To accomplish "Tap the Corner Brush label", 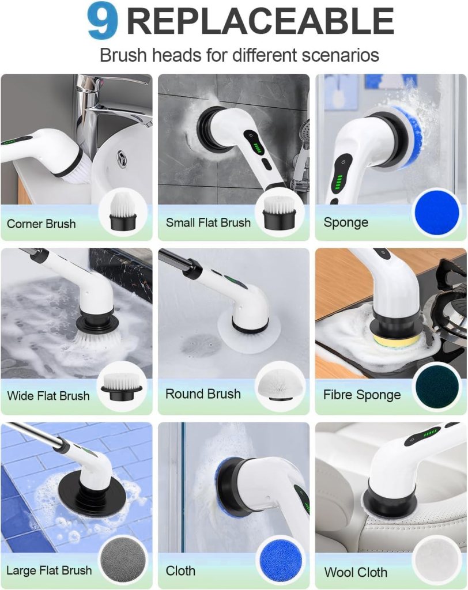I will (41, 224).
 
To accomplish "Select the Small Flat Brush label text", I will (208, 222).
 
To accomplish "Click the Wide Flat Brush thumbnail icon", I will (122, 386).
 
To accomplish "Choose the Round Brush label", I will (203, 394).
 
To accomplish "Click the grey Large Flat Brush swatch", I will (122, 560).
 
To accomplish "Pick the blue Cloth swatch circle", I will (280, 560).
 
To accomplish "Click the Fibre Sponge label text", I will (361, 395).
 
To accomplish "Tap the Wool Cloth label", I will (356, 572).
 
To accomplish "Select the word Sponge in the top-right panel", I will (346, 222).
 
